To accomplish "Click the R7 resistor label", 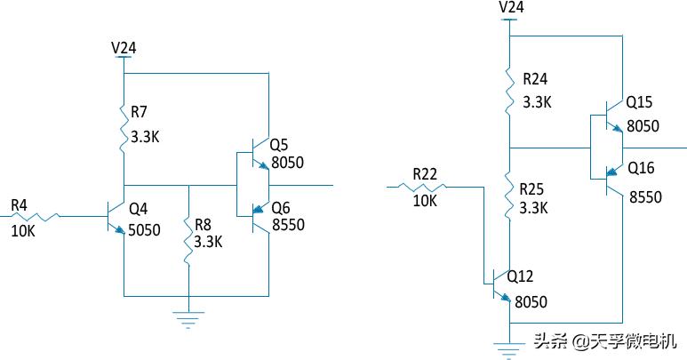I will click(140, 112).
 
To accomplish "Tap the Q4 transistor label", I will click(139, 210).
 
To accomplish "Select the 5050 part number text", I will click(145, 230).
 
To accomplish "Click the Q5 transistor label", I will click(279, 145).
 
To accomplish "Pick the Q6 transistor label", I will click(281, 207).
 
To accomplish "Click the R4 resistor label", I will click(20, 206).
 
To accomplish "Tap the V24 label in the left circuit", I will click(123, 47).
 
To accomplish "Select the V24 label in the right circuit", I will click(511, 7).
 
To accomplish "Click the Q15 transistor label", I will click(639, 103).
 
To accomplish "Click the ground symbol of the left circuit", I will click(188, 316).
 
